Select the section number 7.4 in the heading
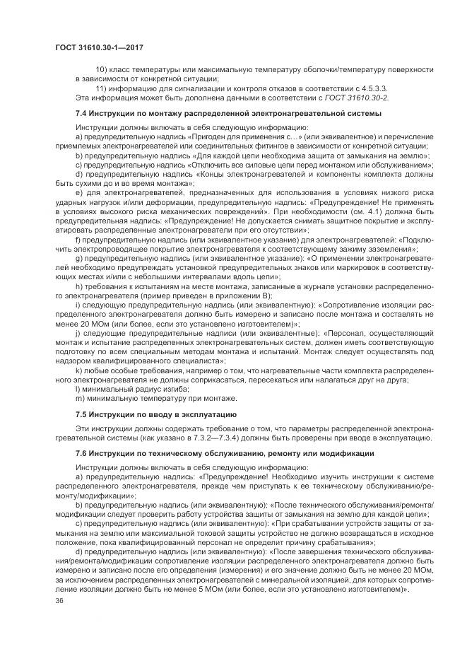(x=83, y=113)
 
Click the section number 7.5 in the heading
(x=83, y=413)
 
